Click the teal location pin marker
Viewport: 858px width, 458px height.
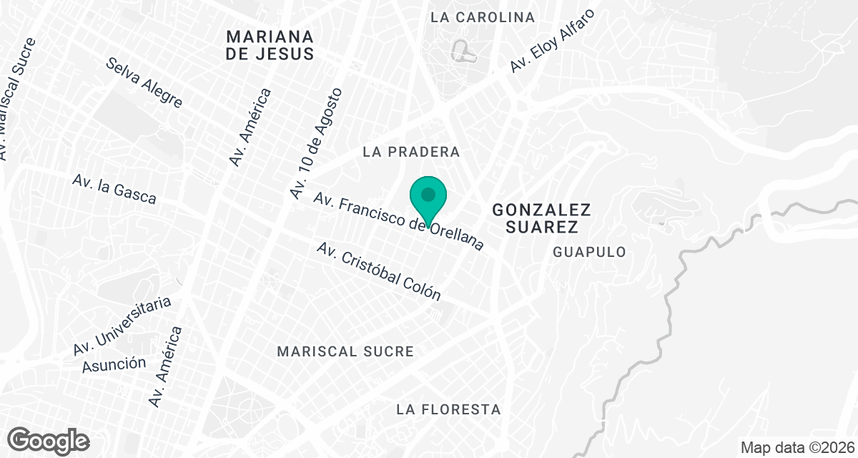(x=428, y=198)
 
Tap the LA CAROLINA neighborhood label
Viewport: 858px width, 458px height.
(x=483, y=16)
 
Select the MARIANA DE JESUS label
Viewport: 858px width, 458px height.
(x=270, y=44)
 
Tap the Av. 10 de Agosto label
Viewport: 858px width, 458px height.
(x=317, y=143)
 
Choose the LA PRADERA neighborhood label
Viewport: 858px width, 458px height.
(x=411, y=152)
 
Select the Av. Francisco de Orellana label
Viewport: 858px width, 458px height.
(x=399, y=223)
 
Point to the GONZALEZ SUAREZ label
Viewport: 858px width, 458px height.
(x=542, y=218)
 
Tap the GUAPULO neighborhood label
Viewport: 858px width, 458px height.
(x=589, y=252)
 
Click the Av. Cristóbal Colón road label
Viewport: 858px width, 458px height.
(x=378, y=271)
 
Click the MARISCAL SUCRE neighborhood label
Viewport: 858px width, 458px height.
(x=345, y=351)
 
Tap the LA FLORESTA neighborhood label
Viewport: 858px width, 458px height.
(x=448, y=409)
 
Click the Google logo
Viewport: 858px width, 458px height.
(x=48, y=441)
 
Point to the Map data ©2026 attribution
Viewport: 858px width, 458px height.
(x=797, y=447)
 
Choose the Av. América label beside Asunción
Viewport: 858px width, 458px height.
(x=165, y=366)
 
